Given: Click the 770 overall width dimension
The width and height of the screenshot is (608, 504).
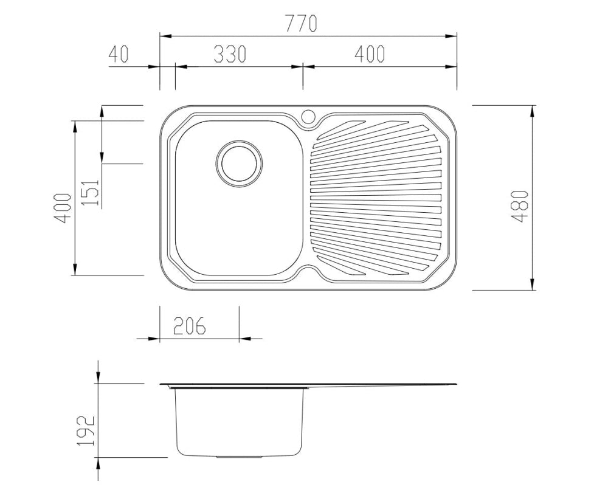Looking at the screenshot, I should coord(301,23).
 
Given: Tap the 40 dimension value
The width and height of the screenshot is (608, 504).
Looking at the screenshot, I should coord(119,54).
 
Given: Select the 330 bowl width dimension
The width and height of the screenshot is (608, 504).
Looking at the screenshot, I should coord(230,54).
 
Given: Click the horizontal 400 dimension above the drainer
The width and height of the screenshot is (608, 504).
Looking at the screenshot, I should coord(370,54).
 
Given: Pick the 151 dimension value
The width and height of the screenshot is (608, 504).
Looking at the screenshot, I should coord(91,192).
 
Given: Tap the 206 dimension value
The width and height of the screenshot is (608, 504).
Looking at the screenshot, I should coord(189,326).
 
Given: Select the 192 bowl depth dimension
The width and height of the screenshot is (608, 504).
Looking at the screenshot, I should coord(86,430).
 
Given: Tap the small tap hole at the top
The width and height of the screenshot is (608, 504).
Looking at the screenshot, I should coord(308,115).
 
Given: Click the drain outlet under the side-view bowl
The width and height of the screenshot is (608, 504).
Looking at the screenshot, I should coord(240,456).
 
